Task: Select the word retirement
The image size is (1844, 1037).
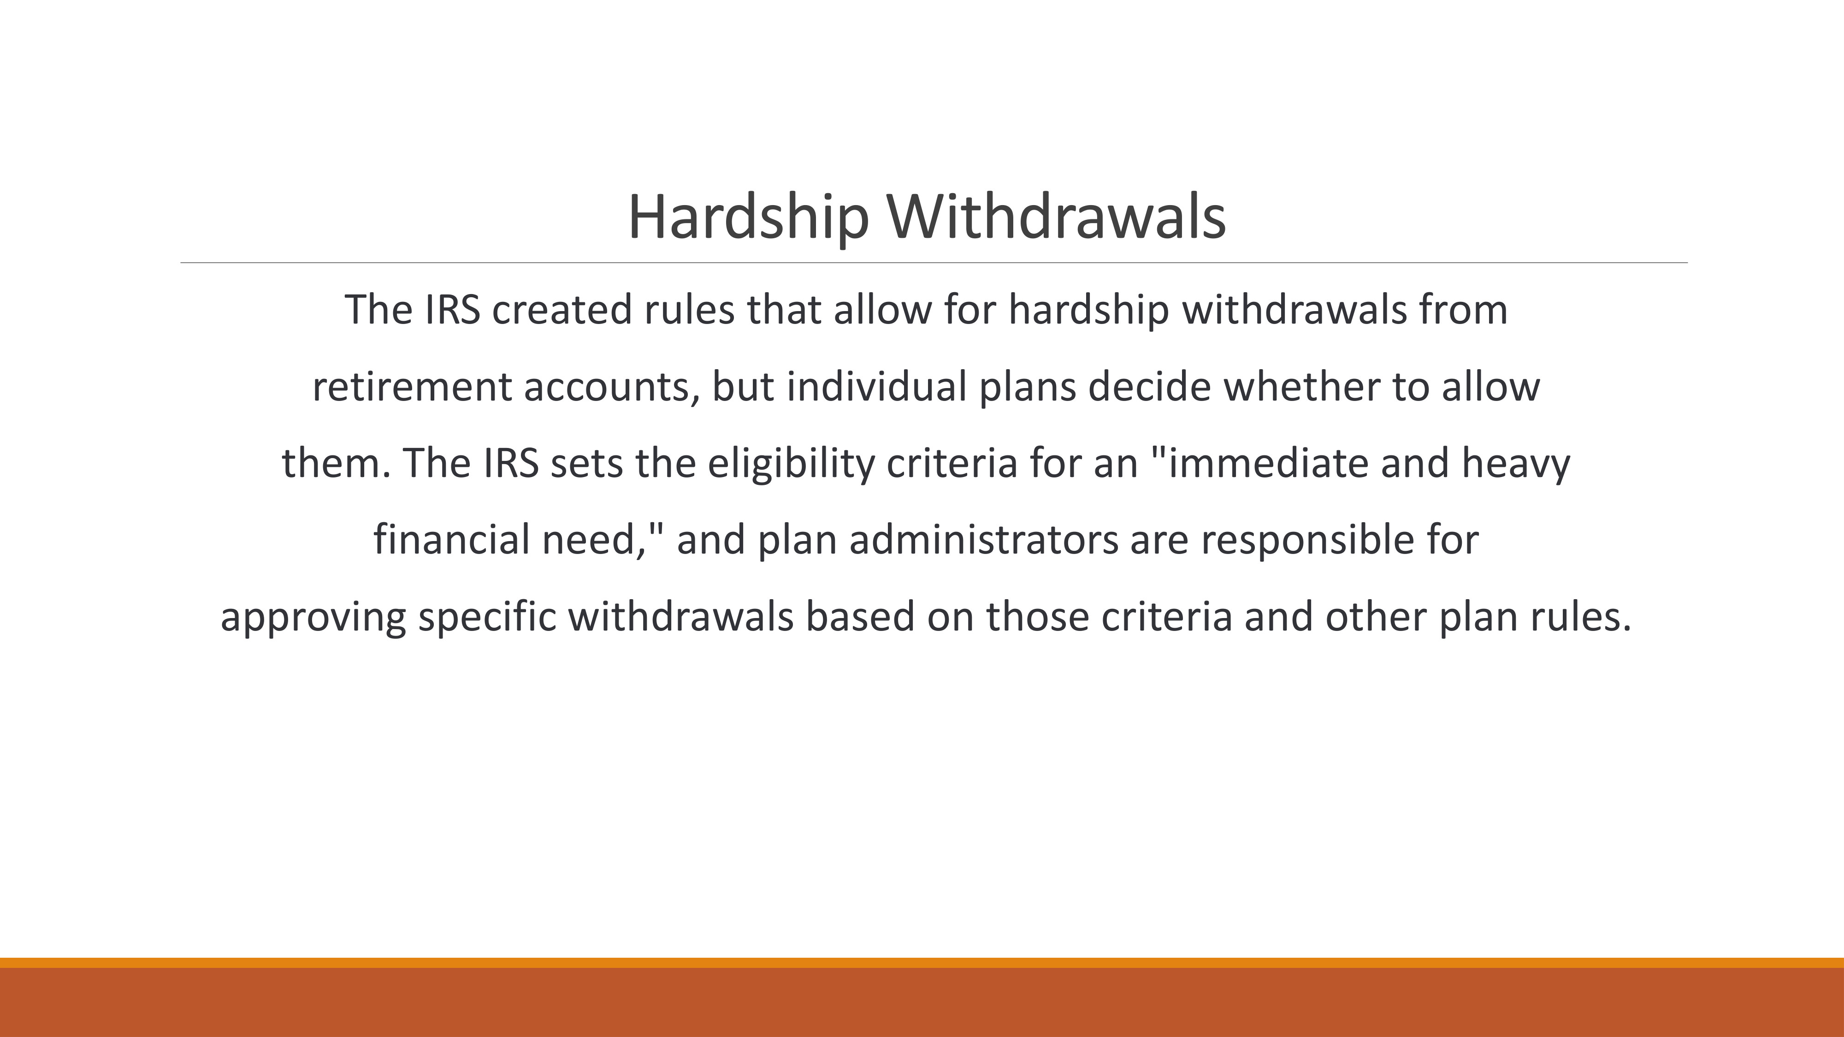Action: pyautogui.click(x=412, y=387)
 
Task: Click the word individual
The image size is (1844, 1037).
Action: pyautogui.click(x=876, y=387)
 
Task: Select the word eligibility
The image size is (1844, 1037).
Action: pyautogui.click(x=791, y=463)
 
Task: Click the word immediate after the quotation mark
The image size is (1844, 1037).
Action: pyautogui.click(x=1269, y=463)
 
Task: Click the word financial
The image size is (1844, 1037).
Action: pyautogui.click(x=451, y=540)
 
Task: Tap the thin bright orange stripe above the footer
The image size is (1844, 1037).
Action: pyautogui.click(x=922, y=963)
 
